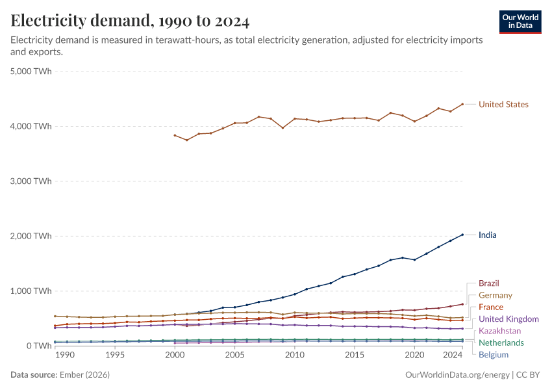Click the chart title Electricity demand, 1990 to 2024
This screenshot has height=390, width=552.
(130, 21)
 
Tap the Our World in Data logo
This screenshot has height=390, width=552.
(520, 21)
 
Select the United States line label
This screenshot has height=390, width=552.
(503, 105)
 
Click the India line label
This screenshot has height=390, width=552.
(487, 235)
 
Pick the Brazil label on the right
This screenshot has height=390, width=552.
(489, 283)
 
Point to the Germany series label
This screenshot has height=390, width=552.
(496, 295)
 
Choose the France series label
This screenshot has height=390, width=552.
(491, 307)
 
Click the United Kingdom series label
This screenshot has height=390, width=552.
(508, 319)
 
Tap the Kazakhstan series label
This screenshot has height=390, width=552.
(499, 331)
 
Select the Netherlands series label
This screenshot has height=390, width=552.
(501, 343)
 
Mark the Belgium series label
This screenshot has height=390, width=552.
(494, 355)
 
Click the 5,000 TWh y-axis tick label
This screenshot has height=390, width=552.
(31, 71)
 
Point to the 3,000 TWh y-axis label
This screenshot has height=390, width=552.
(31, 181)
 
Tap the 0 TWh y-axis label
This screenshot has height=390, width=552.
(39, 346)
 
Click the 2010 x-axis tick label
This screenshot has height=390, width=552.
(295, 356)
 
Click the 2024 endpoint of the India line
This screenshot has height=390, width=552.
(462, 235)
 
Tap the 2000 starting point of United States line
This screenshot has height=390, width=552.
(175, 135)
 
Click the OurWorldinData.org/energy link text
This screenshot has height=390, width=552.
(457, 375)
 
